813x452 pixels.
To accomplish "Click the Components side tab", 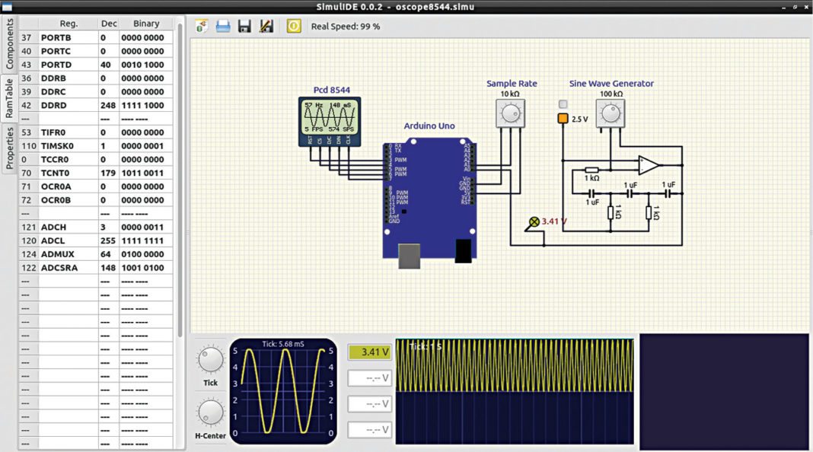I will tap(10, 45).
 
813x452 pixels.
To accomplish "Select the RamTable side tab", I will tap(10, 97).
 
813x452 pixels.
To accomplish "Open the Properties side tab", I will tap(10, 148).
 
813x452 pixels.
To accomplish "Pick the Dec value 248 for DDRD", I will tap(108, 105).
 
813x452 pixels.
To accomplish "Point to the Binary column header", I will tap(145, 24).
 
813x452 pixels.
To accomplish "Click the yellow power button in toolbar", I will tap(294, 26).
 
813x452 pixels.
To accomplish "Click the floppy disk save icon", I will tap(244, 26).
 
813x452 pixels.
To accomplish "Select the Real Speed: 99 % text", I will tap(346, 27).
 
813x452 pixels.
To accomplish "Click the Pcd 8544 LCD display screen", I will tap(329, 119).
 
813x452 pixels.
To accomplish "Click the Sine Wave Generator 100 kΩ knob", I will tap(610, 114).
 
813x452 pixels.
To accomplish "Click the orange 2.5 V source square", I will tap(563, 119).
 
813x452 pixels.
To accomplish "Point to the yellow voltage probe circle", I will tap(534, 222).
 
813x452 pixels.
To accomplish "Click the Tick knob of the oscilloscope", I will tap(210, 359).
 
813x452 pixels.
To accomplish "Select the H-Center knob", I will tap(210, 413).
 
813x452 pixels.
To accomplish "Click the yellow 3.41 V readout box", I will tap(370, 352).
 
